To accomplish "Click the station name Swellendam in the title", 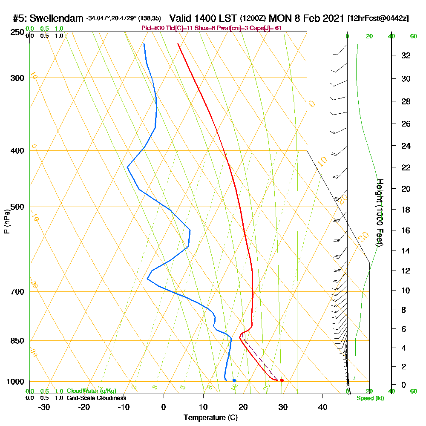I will tap(57, 18).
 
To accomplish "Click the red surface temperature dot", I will tap(282, 380).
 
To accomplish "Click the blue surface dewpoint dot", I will tap(234, 380).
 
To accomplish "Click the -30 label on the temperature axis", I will tap(44, 407).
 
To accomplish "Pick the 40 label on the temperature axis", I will tap(323, 407).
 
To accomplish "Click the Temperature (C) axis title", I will tap(210, 417).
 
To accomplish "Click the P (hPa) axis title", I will tap(6, 222).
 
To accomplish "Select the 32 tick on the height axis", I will tap(406, 55).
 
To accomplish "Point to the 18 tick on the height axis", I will tap(406, 210).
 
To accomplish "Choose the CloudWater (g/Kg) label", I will tap(91, 391).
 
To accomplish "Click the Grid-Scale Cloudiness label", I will tap(96, 398).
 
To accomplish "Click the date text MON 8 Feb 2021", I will tap(306, 18).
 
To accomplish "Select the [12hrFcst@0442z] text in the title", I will tap(378, 18).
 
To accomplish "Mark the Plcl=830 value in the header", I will tap(153, 28).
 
